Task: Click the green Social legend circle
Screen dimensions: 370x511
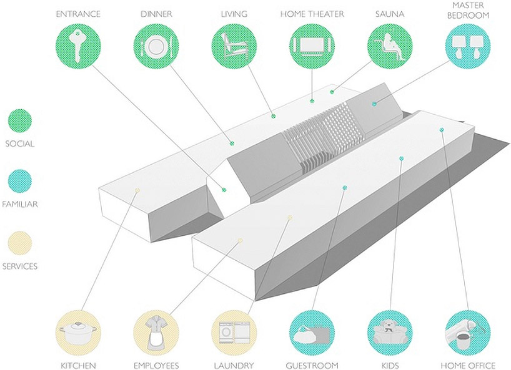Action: tap(20, 120)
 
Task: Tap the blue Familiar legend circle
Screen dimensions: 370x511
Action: tap(20, 181)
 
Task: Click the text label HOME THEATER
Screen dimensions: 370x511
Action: tap(312, 14)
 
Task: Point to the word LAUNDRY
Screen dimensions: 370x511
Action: tap(233, 365)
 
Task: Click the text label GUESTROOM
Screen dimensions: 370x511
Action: tap(312, 365)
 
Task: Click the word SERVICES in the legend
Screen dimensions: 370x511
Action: tap(20, 266)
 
